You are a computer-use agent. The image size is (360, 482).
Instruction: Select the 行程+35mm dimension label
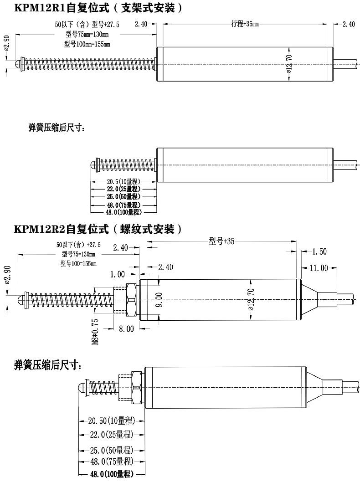tap(245, 24)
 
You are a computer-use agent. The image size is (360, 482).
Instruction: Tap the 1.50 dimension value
tap(320, 251)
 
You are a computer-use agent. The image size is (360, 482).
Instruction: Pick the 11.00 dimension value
tap(319, 268)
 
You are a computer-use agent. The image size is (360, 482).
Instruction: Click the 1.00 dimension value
tap(118, 274)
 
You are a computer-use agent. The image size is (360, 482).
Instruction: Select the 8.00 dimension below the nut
tap(126, 328)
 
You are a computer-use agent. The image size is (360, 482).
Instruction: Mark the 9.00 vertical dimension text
tap(159, 300)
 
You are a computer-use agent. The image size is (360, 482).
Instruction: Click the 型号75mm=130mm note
tap(87, 35)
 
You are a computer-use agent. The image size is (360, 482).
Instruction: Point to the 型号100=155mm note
tap(78, 263)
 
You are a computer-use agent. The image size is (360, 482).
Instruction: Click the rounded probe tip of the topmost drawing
tap(19, 64)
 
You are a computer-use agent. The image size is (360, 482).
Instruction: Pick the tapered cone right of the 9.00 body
tap(309, 299)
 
